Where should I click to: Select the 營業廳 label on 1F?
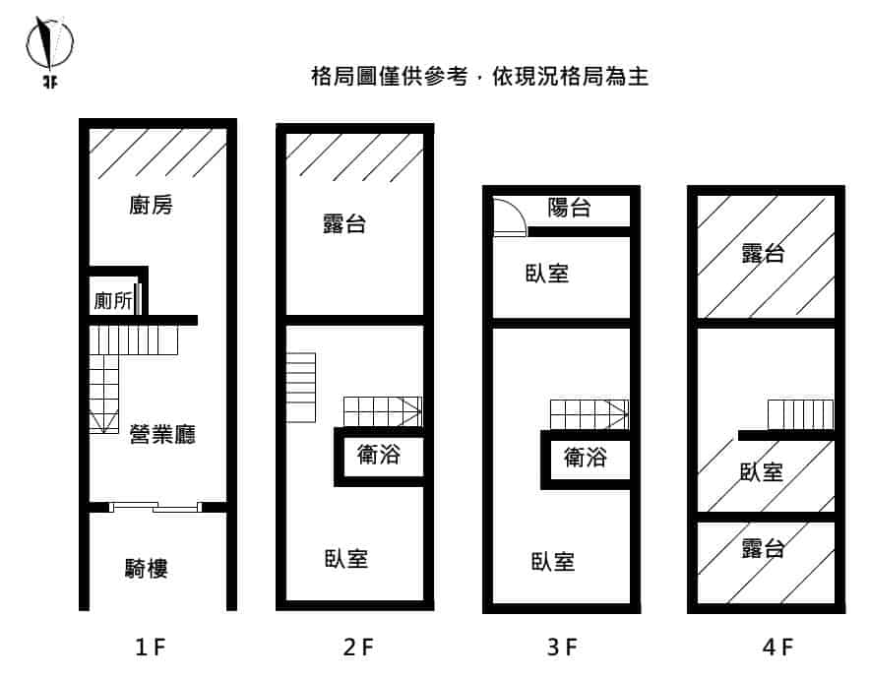point(162,433)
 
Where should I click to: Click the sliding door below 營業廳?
point(155,507)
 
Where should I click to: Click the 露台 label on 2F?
point(343,223)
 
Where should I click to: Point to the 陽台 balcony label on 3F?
point(570,207)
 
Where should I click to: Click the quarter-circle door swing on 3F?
point(509,216)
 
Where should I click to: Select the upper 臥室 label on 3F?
point(546,273)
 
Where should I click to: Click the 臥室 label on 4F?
point(762,471)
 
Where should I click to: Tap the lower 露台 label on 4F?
point(763,547)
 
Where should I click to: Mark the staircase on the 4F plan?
point(799,413)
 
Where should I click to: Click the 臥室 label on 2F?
point(346,558)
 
